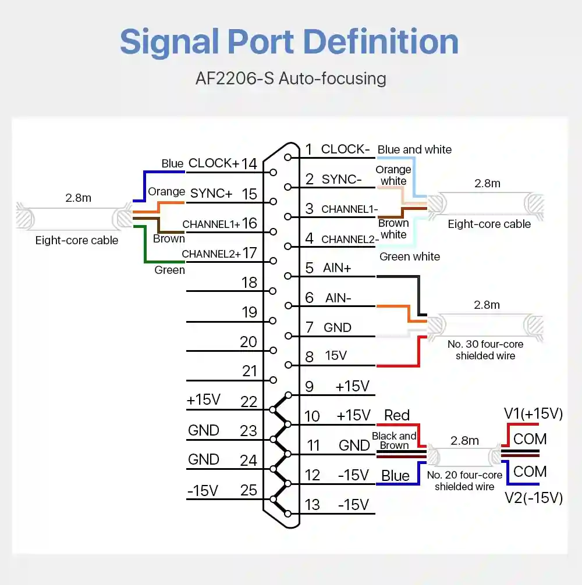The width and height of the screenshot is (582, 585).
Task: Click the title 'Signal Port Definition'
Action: click(289, 42)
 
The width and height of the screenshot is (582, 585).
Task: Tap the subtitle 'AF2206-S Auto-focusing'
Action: click(291, 79)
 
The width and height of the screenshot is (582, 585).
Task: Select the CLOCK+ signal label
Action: click(214, 163)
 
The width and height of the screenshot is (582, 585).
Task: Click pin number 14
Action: click(249, 164)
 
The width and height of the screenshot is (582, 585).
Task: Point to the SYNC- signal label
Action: click(342, 179)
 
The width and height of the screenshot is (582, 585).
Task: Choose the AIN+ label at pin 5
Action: click(337, 268)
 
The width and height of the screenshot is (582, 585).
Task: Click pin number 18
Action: click(249, 283)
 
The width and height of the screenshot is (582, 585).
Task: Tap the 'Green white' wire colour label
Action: click(410, 256)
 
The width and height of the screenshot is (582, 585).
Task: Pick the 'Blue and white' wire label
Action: click(414, 149)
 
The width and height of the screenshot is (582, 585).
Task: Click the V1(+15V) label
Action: click(533, 414)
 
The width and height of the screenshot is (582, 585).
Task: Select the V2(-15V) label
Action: click(534, 498)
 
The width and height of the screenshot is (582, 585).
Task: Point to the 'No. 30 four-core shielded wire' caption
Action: click(485, 349)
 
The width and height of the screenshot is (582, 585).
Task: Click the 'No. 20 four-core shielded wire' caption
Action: click(464, 480)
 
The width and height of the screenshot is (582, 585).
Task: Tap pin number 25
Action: click(249, 490)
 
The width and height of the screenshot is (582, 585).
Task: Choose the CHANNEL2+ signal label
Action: click(211, 254)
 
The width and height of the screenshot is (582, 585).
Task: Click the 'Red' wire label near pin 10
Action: click(397, 415)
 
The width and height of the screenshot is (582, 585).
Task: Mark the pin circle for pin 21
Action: click(274, 380)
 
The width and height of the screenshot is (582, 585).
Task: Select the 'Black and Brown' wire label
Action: click(394, 441)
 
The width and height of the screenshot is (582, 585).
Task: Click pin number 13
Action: click(312, 505)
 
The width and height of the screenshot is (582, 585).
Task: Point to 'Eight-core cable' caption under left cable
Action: click(76, 240)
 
